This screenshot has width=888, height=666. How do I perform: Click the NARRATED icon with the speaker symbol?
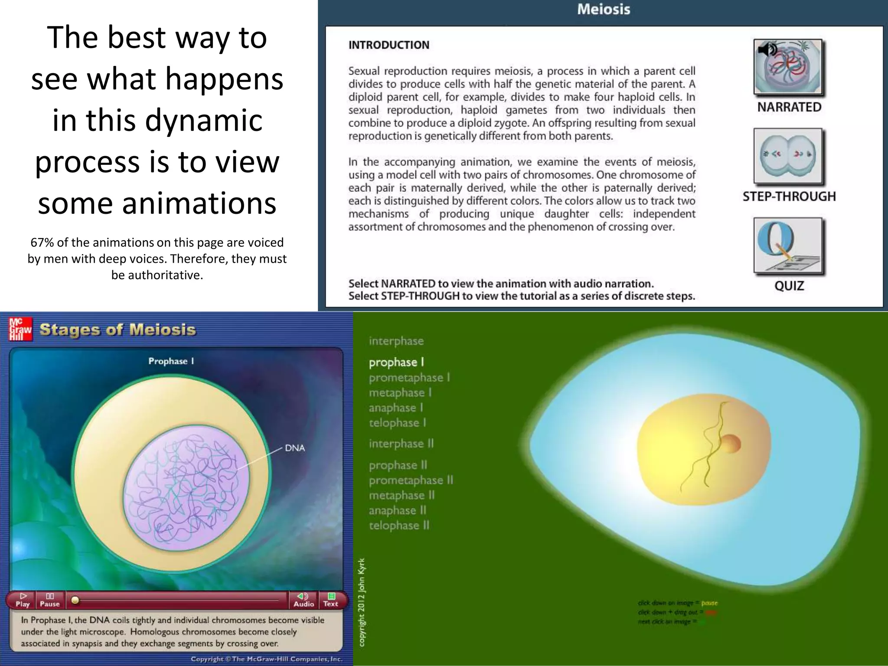(788, 67)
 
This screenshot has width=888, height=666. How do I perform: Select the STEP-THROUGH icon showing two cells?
(788, 156)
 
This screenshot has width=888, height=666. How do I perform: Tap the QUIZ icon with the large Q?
(788, 245)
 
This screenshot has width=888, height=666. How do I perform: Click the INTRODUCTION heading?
(388, 45)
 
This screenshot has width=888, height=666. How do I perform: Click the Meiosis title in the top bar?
(603, 10)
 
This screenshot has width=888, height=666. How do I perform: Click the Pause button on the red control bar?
(49, 600)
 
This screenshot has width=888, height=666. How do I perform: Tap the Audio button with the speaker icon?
(304, 600)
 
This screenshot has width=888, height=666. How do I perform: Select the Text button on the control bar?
(330, 600)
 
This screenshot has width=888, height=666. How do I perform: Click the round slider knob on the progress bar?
(75, 600)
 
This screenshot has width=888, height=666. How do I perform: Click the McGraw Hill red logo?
(20, 330)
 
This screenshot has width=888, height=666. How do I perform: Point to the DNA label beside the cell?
(295, 448)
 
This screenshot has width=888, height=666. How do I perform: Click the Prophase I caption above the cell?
(171, 361)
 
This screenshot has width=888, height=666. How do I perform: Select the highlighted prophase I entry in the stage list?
(396, 362)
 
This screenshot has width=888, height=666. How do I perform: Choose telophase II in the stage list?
(399, 526)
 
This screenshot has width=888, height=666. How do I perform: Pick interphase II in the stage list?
(401, 444)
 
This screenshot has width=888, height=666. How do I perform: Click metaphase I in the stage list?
(400, 393)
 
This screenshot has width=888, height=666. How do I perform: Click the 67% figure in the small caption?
(42, 242)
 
